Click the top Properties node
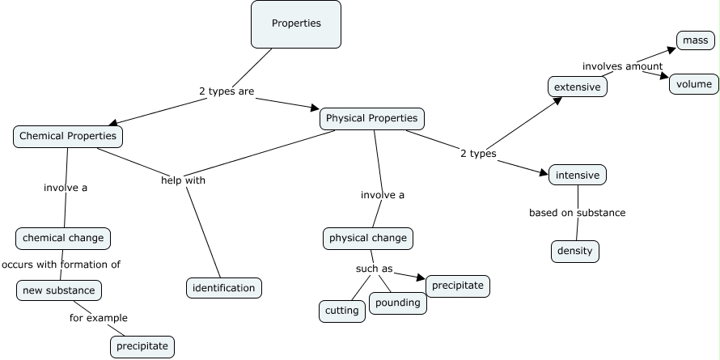296,23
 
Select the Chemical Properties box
68,136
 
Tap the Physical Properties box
371,118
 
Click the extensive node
577,87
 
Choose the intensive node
577,174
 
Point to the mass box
693,40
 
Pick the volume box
693,83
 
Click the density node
575,251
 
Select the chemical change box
63,239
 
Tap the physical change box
367,239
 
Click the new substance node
58,290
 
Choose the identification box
224,287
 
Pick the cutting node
342,311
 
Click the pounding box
397,303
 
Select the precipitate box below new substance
142,346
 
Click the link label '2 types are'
227,91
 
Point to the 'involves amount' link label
622,66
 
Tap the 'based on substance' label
577,213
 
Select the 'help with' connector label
183,180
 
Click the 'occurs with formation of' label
61,265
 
